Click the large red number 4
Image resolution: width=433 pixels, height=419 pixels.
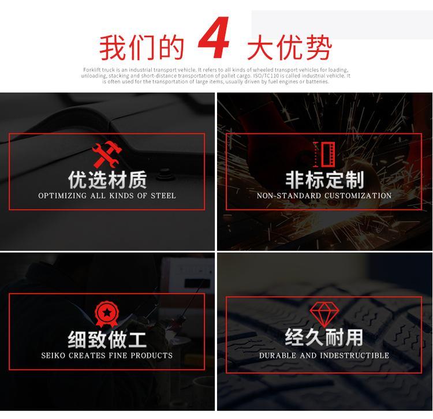(x=214, y=38)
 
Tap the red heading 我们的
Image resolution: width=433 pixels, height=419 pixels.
(x=141, y=47)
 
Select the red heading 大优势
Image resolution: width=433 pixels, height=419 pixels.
(x=289, y=47)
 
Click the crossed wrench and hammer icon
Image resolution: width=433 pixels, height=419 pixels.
(x=107, y=154)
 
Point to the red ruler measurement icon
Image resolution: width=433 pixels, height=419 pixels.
(x=324, y=154)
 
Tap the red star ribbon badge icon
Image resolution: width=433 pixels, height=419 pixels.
(x=107, y=314)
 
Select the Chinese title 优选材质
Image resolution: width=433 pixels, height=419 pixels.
(x=107, y=179)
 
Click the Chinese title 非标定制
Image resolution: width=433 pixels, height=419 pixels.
(x=324, y=179)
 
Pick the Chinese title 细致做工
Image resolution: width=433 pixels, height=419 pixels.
(x=107, y=339)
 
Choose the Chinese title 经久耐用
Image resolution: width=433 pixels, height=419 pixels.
(x=324, y=337)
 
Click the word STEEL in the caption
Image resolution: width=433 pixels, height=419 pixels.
(x=163, y=196)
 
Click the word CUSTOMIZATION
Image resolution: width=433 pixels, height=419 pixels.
(x=358, y=196)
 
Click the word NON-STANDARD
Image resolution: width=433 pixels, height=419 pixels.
(x=289, y=196)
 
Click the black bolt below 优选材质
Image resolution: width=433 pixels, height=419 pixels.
(x=165, y=175)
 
